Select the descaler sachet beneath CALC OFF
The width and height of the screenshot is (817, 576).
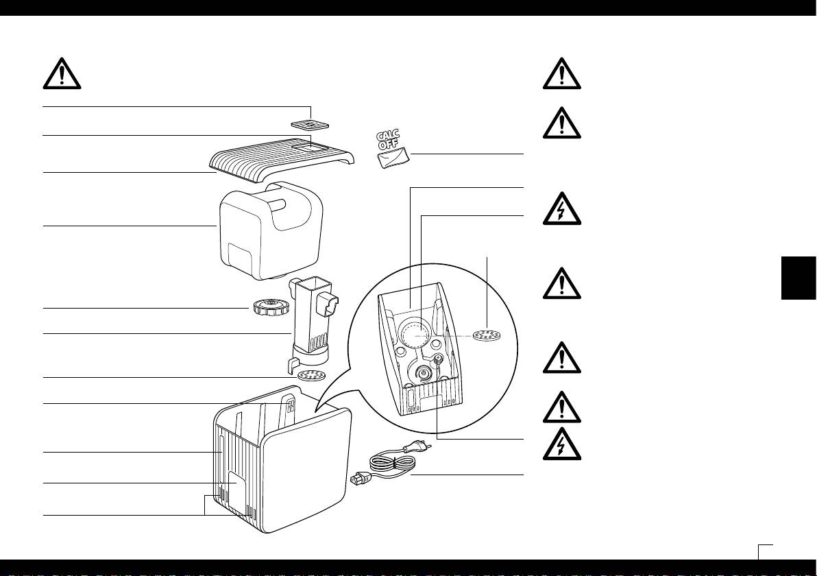[393, 159]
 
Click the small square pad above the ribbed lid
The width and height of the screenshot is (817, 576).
[309, 125]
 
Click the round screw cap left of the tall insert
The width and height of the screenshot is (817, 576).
[265, 309]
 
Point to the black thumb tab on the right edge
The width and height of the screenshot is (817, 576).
[798, 277]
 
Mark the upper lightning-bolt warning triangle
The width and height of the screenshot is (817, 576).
[561, 209]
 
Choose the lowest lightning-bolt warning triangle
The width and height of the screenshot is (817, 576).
[561, 445]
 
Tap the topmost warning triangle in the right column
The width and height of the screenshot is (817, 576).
[561, 74]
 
